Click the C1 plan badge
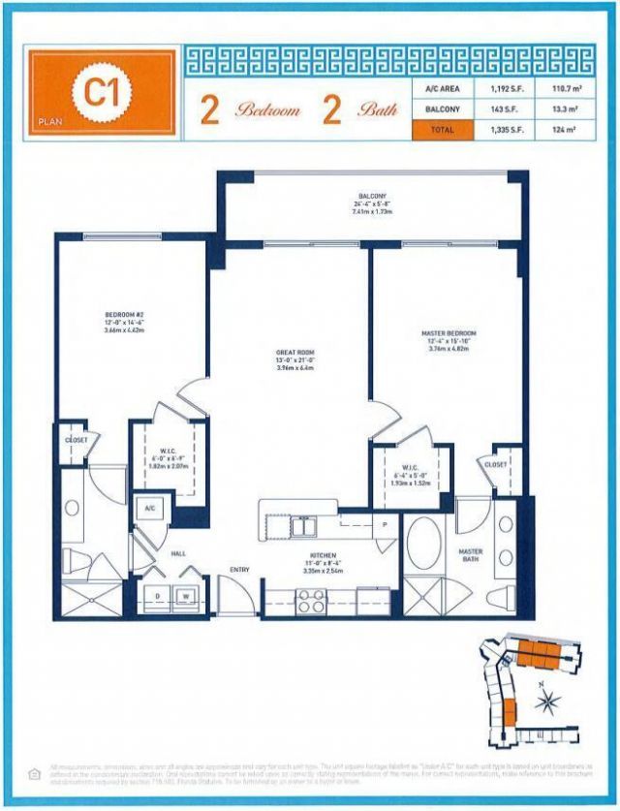coord(96,94)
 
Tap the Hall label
coord(177,554)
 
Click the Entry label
coord(239,569)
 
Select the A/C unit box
coord(151,507)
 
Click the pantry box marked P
coord(385,525)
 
